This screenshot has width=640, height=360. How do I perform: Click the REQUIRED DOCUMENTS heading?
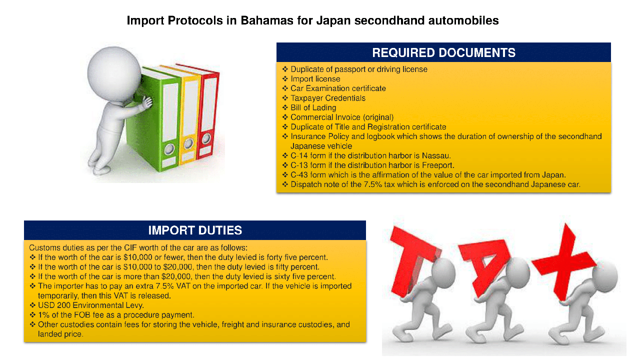(x=443, y=52)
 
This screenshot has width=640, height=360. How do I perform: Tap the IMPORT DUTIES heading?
(x=195, y=230)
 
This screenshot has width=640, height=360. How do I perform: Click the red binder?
(x=207, y=110)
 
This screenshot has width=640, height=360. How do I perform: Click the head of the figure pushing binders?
(x=114, y=73)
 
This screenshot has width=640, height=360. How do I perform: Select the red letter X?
(x=564, y=261)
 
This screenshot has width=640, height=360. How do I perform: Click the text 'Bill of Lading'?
(x=313, y=107)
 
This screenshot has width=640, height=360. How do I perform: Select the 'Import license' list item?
(x=315, y=79)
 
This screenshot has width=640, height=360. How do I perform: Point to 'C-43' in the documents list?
(x=299, y=175)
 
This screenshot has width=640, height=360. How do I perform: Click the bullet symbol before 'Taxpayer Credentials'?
(x=285, y=98)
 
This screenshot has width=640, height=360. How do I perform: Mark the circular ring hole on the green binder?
(x=169, y=149)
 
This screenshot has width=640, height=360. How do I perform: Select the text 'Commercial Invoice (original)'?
(x=342, y=117)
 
